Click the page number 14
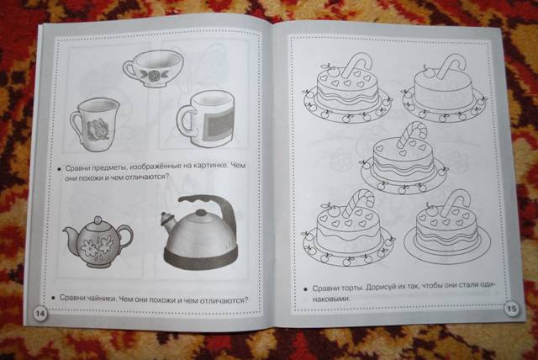[40, 314]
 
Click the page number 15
[511, 309]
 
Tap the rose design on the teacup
[151, 75]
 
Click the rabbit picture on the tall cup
[97, 129]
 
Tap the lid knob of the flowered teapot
[98, 219]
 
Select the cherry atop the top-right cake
[429, 72]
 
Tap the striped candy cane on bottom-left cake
[359, 203]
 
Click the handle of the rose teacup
[129, 68]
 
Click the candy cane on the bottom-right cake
[456, 203]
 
